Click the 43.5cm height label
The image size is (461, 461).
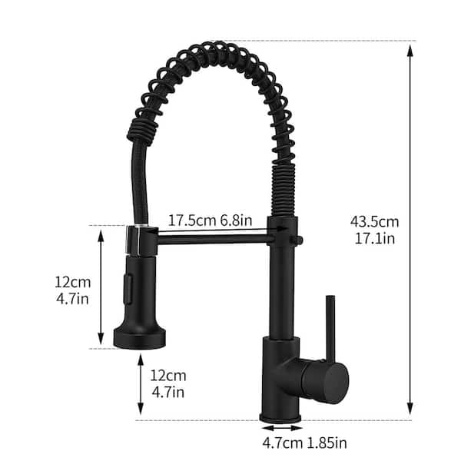(x=374, y=221)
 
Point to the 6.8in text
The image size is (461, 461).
(x=235, y=219)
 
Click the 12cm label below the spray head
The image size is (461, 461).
(x=167, y=376)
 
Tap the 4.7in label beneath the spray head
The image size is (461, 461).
(x=167, y=393)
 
